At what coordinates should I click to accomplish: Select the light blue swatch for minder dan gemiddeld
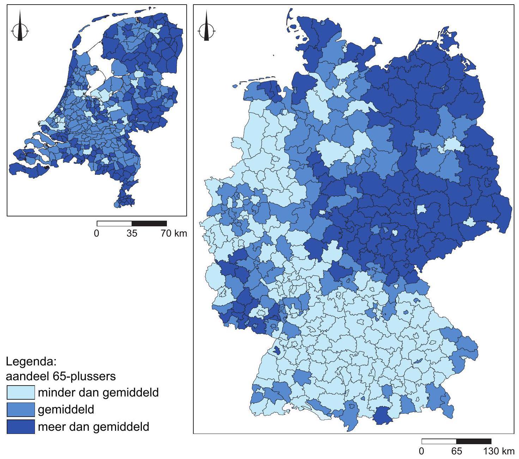tap(21, 393)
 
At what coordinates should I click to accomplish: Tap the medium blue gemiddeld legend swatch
tap(21, 410)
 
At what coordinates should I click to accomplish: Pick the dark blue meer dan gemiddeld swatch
tap(21, 427)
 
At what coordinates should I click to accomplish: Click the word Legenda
tap(31, 362)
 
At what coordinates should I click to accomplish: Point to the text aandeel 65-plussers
tap(61, 376)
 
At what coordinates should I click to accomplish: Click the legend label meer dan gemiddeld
tap(93, 427)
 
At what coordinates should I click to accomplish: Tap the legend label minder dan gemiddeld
tap(98, 393)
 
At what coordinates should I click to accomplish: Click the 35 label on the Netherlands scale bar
tap(132, 233)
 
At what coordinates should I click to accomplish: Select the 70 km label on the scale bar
tap(174, 233)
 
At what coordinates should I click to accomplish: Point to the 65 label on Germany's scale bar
tap(456, 451)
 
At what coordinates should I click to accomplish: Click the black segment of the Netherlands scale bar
tap(149, 223)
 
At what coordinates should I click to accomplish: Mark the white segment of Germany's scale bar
tap(439, 441)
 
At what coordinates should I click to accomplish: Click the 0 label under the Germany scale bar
tap(422, 451)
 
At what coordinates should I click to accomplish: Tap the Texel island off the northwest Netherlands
tap(76, 42)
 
